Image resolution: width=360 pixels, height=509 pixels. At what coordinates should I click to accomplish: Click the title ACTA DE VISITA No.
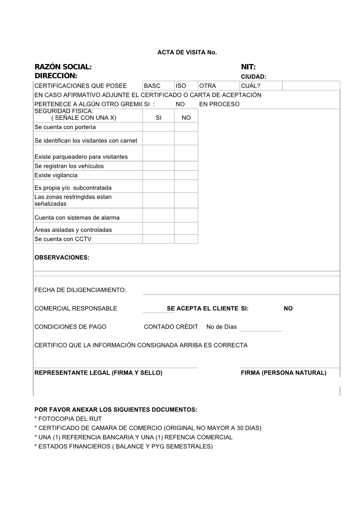(x=187, y=52)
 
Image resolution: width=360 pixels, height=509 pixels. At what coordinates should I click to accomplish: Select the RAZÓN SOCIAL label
(x=63, y=66)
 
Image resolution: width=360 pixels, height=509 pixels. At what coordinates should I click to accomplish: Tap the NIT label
(x=248, y=66)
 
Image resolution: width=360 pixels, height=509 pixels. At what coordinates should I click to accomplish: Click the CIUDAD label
(x=253, y=76)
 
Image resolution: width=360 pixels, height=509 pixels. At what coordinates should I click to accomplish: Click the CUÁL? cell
(x=250, y=86)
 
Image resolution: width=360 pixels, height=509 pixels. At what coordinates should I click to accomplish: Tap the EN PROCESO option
(x=219, y=104)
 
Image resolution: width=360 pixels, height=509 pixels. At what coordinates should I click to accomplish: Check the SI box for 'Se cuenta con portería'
(x=158, y=127)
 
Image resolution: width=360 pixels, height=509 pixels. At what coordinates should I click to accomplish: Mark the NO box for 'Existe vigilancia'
(x=186, y=175)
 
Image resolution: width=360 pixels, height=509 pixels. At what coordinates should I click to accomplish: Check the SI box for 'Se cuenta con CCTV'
(x=158, y=239)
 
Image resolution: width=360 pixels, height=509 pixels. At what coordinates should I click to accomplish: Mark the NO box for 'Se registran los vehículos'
(x=186, y=166)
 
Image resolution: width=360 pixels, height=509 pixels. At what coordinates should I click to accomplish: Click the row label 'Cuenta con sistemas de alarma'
(x=77, y=218)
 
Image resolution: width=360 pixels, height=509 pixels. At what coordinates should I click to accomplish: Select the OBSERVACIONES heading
(x=62, y=258)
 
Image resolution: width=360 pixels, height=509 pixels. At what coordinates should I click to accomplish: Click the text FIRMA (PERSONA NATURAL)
(x=283, y=373)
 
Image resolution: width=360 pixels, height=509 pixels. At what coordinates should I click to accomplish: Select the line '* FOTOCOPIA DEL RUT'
(x=68, y=419)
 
